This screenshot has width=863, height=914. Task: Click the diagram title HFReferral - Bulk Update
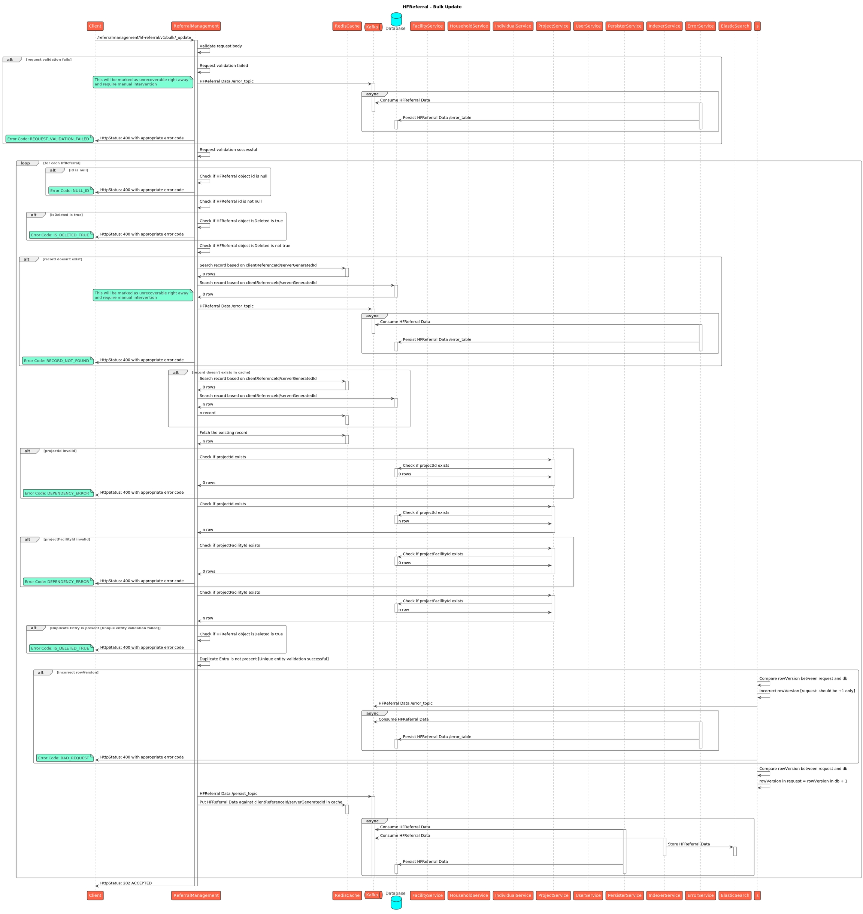tap(431, 7)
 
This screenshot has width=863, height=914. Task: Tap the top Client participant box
tap(95, 26)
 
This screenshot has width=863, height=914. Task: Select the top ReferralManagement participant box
tap(196, 26)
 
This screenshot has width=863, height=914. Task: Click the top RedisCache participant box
tap(347, 26)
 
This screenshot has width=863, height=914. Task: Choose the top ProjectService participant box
tap(553, 26)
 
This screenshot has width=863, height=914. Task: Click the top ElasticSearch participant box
tap(735, 26)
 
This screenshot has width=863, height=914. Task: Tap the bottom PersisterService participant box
tap(624, 895)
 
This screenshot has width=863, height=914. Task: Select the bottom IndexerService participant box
tap(664, 895)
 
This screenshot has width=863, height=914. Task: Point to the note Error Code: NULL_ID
tap(71, 190)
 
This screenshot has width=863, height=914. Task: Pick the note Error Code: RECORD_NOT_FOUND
tap(58, 361)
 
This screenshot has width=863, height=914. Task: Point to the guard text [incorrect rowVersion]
tap(77, 672)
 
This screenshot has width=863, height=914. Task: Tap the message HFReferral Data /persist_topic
tap(228, 793)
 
